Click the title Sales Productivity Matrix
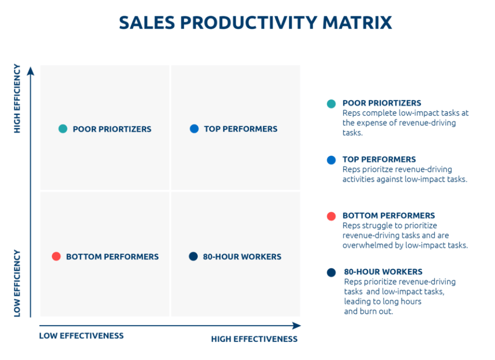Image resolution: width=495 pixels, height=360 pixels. click(x=255, y=23)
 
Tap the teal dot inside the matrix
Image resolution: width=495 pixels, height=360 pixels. click(x=63, y=129)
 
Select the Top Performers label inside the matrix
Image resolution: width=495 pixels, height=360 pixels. click(x=240, y=129)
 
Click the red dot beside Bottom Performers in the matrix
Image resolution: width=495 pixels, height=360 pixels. click(x=56, y=256)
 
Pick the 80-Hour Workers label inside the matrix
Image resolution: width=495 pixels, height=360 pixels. click(x=242, y=256)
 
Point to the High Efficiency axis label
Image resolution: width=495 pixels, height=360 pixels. click(x=17, y=98)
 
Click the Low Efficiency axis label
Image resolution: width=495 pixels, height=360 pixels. click(x=17, y=283)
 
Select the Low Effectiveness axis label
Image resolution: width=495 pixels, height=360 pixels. click(x=81, y=336)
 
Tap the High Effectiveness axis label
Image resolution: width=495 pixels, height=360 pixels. click(x=254, y=339)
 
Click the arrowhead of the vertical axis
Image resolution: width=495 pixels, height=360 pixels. click(x=31, y=70)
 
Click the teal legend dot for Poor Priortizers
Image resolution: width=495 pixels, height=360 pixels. click(x=331, y=104)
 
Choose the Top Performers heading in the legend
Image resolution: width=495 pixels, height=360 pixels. click(x=379, y=159)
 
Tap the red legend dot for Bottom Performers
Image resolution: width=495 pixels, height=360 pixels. click(x=331, y=216)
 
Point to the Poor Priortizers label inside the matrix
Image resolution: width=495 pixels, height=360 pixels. click(x=112, y=129)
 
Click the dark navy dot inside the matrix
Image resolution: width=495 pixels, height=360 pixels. click(x=193, y=256)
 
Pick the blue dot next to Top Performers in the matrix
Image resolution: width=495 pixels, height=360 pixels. click(x=194, y=129)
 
